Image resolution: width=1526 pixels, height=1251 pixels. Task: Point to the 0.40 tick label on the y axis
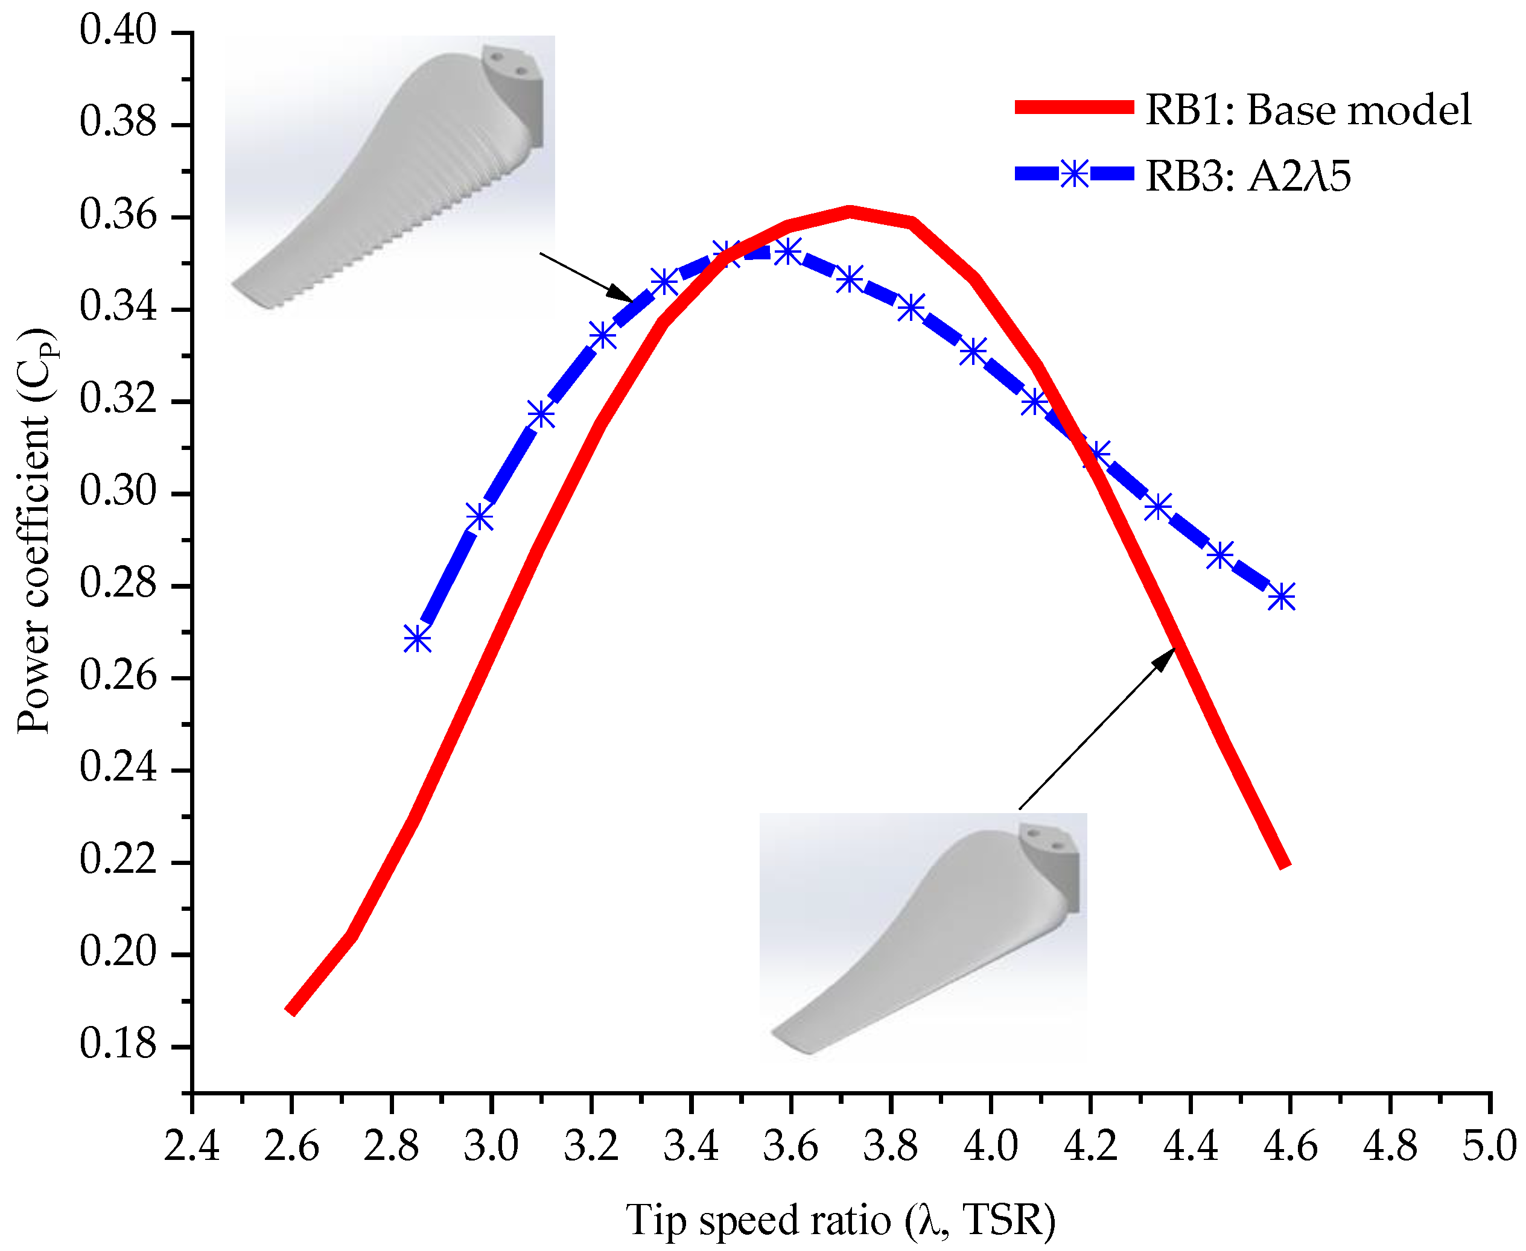click(x=118, y=32)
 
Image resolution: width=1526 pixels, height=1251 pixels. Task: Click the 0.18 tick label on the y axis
click(x=118, y=1044)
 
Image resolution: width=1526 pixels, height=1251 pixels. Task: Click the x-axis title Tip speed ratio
click(x=840, y=1219)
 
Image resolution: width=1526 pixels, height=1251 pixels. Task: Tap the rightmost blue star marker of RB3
click(x=1281, y=597)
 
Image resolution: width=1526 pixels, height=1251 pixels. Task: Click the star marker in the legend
click(x=1074, y=174)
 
